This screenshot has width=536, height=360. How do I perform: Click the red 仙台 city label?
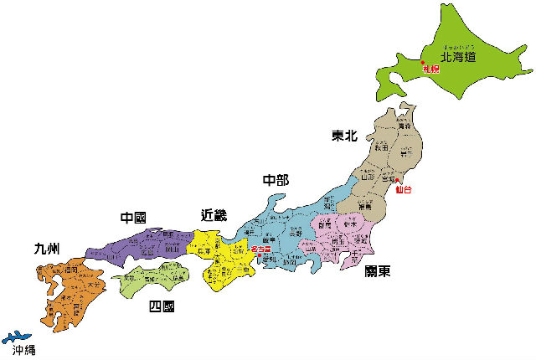pyautogui.click(x=404, y=190)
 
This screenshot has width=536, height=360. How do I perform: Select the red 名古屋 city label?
pyautogui.click(x=260, y=249)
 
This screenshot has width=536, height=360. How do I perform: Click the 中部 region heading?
pyautogui.click(x=276, y=180)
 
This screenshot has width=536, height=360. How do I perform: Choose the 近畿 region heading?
pyautogui.click(x=214, y=216)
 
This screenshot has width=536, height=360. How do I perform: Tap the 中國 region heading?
pyautogui.click(x=133, y=219)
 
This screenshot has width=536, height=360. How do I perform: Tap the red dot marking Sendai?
pyautogui.click(x=397, y=183)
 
